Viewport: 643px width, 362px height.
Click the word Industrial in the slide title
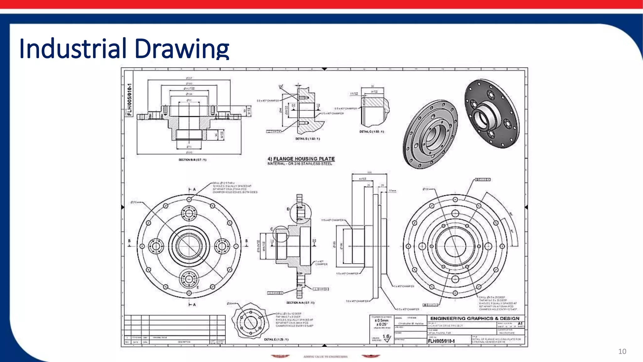73,49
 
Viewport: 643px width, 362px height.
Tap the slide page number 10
622,351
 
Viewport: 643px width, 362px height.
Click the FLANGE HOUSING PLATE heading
304,159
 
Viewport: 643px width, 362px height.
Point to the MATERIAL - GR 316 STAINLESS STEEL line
300,164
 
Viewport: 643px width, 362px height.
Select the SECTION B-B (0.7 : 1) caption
192,160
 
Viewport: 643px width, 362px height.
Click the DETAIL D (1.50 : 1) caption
307,139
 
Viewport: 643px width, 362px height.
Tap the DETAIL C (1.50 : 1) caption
371,132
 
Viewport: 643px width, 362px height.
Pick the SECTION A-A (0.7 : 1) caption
300,303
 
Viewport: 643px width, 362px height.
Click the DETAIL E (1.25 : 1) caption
276,339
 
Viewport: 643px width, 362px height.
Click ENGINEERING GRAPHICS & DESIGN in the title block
474,318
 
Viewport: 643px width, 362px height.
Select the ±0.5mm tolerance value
382,321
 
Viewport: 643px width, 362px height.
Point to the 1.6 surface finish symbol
386,337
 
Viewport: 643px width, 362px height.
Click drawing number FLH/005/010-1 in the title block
441,341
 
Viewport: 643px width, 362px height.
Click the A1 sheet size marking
520,323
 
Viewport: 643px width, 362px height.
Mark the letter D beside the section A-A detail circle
288,209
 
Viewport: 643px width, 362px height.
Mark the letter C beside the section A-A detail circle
272,229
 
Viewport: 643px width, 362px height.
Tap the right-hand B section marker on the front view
246,241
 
